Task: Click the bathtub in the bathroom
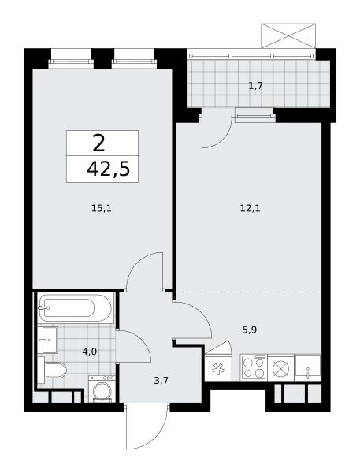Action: pos(76,308)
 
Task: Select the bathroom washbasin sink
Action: pos(47,340)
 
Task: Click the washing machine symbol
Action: pos(102,389)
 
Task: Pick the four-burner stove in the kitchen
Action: pos(254,367)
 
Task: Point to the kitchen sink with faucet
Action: pos(308,367)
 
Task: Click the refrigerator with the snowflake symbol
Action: pos(218,367)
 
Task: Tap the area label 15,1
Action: pos(102,208)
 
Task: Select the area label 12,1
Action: pos(250,208)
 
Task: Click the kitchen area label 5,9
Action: pos(250,330)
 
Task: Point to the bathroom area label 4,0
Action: pos(90,351)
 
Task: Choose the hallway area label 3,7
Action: pos(161,381)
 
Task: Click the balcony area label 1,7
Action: pos(255,86)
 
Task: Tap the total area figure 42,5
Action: pos(109,169)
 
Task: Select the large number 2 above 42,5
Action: pos(99,143)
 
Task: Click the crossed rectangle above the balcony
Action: pos(288,35)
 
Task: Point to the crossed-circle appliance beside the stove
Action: pos(280,367)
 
